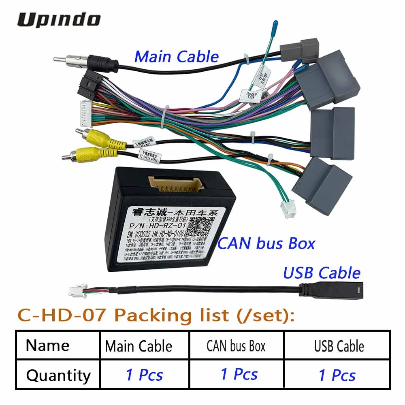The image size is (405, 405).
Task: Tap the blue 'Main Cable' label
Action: click(x=176, y=57)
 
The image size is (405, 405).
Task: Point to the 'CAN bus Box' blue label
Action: click(x=266, y=243)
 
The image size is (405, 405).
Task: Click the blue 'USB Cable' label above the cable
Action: click(x=322, y=273)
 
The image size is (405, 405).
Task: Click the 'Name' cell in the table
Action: click(x=48, y=346)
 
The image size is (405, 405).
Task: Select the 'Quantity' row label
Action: click(x=58, y=375)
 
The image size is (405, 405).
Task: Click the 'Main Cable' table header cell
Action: click(x=139, y=346)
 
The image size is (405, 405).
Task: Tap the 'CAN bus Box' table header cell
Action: click(x=236, y=346)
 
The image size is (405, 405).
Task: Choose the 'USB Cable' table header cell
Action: click(x=339, y=346)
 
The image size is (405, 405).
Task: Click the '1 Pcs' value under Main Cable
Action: click(x=144, y=375)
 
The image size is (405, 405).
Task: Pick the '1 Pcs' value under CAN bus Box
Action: click(x=239, y=374)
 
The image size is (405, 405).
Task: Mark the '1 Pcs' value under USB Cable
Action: click(x=337, y=375)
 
